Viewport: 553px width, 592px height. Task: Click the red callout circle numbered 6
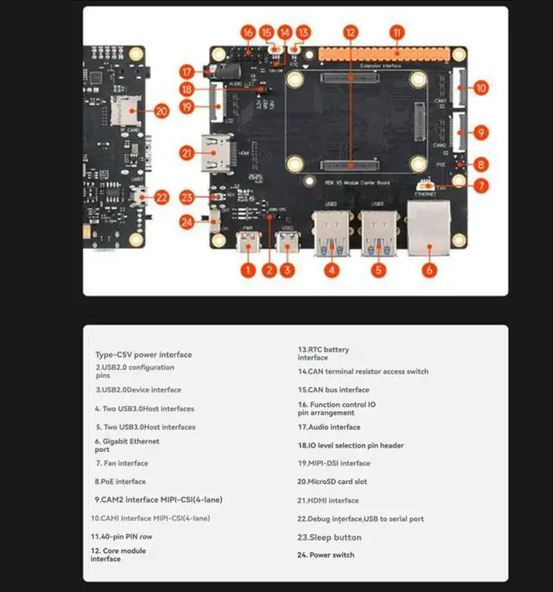point(429,270)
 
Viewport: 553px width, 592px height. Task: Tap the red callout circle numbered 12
point(350,32)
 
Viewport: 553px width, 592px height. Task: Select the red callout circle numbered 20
point(161,111)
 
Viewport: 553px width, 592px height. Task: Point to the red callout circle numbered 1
point(248,271)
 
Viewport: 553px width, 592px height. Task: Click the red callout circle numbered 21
point(186,153)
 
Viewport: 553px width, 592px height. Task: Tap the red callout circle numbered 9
point(481,133)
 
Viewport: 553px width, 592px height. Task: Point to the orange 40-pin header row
point(381,53)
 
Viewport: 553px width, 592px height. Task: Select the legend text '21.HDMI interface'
point(328,500)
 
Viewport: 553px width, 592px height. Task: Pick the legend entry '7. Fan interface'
point(121,463)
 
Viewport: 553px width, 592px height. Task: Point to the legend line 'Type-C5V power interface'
point(143,354)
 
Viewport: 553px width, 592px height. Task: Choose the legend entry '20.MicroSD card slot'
point(333,481)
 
